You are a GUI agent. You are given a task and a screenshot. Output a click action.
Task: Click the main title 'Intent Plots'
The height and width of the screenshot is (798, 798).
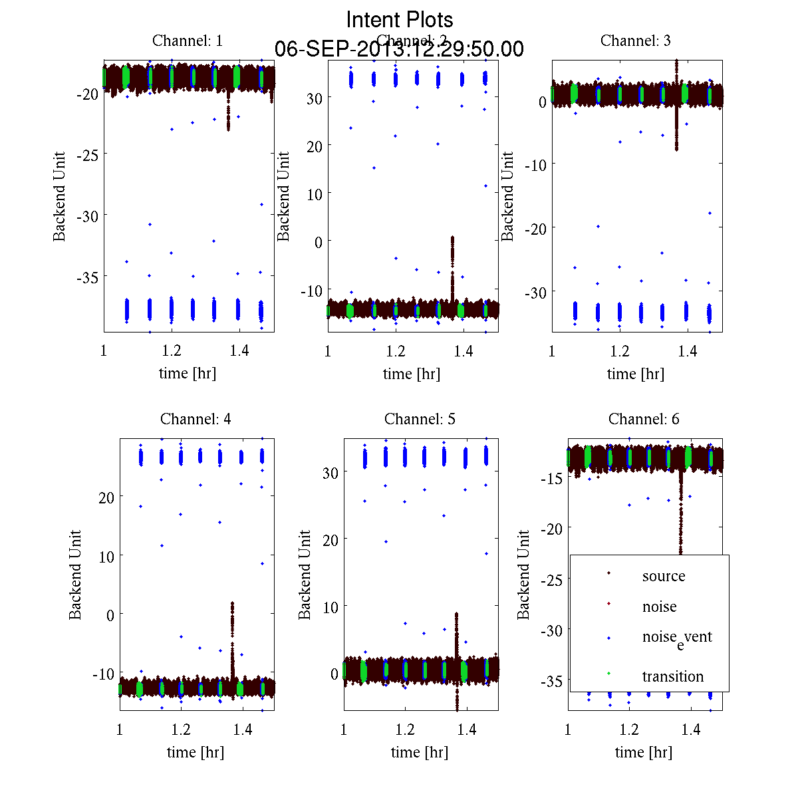coord(400,19)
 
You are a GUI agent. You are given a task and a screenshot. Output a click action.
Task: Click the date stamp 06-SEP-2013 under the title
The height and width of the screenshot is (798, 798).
coord(399,49)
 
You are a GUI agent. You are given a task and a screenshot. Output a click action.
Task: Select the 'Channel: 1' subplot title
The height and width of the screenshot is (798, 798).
coord(188,41)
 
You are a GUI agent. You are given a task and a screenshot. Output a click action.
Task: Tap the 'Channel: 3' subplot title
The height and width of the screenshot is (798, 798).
coord(635,41)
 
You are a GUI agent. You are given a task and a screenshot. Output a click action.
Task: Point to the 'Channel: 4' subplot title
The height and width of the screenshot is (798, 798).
coord(196,419)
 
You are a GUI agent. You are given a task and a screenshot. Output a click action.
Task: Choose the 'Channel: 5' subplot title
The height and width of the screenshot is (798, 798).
coord(420,419)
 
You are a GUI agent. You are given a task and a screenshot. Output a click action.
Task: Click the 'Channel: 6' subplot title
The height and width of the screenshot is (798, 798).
coord(644,419)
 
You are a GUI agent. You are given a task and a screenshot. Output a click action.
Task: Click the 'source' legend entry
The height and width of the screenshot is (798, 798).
coord(663,576)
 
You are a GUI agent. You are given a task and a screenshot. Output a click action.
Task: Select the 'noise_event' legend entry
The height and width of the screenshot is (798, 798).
coord(676,638)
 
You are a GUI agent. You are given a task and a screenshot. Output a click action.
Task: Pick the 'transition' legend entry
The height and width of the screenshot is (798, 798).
coord(672,676)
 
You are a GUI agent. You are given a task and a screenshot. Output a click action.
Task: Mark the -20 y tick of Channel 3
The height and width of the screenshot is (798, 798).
coord(535,228)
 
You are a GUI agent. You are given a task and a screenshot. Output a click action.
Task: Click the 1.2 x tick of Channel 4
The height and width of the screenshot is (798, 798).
coord(181,730)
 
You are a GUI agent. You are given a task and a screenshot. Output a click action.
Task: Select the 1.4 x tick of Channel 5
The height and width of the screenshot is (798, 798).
coord(467,730)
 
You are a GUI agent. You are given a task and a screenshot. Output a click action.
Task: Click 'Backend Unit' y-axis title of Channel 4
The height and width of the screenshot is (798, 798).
coord(75,575)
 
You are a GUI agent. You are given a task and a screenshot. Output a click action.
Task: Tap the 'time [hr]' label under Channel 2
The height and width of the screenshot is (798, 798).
coord(411,374)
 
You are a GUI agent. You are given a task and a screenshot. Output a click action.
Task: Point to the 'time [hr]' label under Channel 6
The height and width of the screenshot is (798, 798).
coord(643,752)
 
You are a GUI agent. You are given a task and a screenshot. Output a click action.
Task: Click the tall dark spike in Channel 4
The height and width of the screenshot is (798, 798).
coord(232,638)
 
